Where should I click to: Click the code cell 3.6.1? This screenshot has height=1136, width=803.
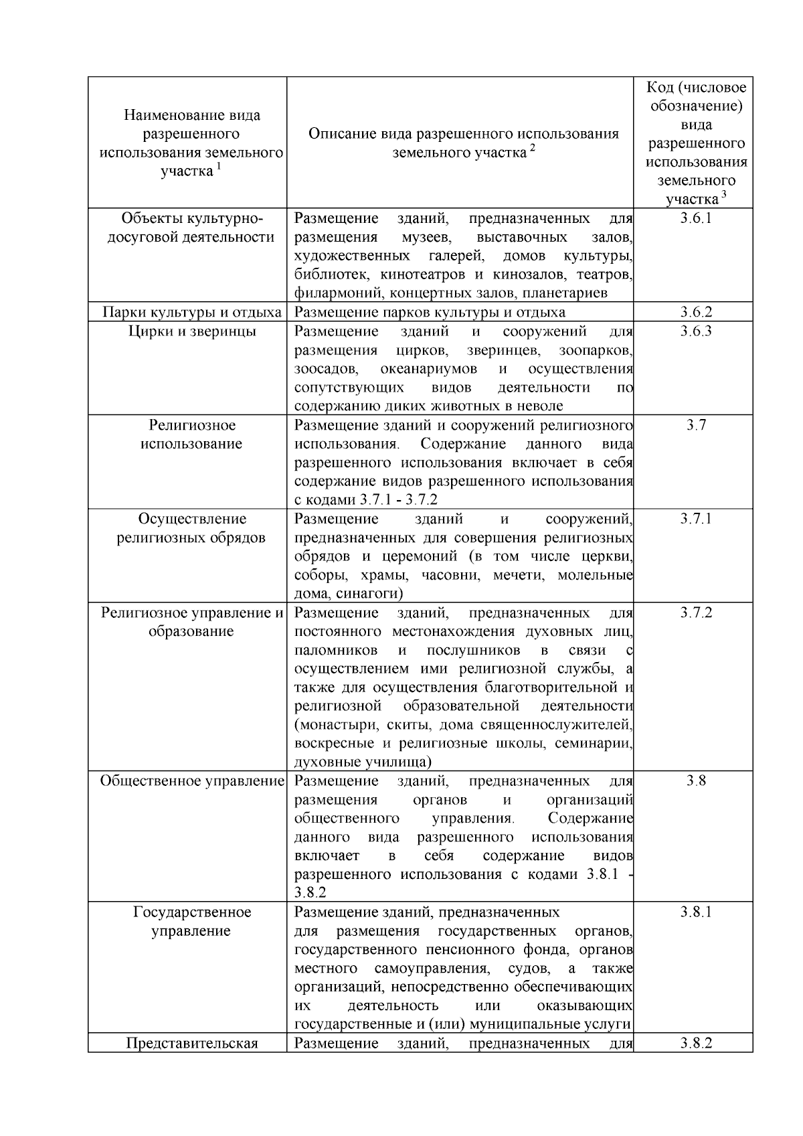pos(696,218)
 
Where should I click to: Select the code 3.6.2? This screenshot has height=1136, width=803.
pos(696,312)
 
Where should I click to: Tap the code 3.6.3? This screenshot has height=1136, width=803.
pos(696,331)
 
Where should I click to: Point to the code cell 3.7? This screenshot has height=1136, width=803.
pos(696,425)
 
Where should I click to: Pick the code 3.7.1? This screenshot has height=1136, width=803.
pos(696,519)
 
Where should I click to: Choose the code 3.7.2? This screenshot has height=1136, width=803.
pos(696,613)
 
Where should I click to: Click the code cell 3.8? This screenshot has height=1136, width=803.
pos(696,781)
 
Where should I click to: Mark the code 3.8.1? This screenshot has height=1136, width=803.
pos(696,912)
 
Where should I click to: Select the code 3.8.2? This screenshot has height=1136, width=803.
pos(696,1043)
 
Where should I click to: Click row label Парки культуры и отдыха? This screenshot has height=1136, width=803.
pos(192,312)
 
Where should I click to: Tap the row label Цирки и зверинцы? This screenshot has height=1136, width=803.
pos(192,331)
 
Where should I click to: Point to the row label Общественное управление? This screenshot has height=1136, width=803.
pos(192,781)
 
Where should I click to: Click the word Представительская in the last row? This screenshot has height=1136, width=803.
pos(192,1043)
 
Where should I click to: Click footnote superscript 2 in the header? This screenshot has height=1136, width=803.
pos(533,148)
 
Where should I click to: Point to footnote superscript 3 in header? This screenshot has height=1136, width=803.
pos(723,194)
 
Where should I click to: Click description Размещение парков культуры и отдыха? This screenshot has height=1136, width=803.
pos(430,312)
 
